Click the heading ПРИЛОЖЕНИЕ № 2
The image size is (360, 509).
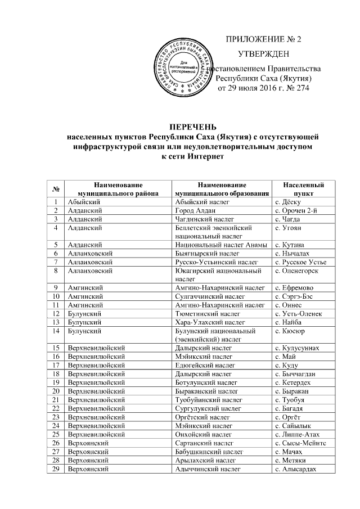point(263,39)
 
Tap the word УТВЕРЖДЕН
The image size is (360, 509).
point(264,54)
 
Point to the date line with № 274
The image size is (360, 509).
point(263,88)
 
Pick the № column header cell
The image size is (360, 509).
point(57,188)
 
